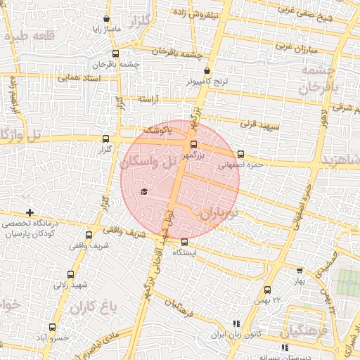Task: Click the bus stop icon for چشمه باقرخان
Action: click(x=115, y=53)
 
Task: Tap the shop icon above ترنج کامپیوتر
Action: click(x=207, y=71)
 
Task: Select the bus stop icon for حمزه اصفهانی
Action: click(x=240, y=154)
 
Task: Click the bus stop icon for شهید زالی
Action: click(x=70, y=274)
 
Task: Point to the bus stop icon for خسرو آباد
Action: click(x=53, y=327)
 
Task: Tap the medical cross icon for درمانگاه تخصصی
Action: click(x=29, y=212)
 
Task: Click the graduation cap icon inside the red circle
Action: click(x=144, y=192)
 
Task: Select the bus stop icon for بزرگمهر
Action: click(x=194, y=145)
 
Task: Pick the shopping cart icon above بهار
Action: click(x=300, y=270)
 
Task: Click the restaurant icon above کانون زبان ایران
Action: click(x=236, y=323)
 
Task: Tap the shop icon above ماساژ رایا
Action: click(x=106, y=19)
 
